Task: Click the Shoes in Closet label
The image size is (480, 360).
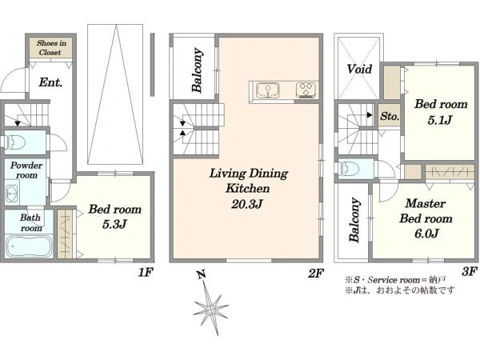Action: pyautogui.click(x=51, y=48)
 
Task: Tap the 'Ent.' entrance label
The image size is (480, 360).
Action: pyautogui.click(x=50, y=82)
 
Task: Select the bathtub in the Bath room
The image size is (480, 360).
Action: pyautogui.click(x=30, y=246)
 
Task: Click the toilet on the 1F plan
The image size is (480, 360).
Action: pyautogui.click(x=15, y=142)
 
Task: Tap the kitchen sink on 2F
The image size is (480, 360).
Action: pyautogui.click(x=267, y=90)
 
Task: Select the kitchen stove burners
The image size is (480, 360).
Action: pyautogui.click(x=306, y=90)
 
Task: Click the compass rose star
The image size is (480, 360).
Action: pyautogui.click(x=210, y=308)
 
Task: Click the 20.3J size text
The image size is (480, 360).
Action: pyautogui.click(x=246, y=204)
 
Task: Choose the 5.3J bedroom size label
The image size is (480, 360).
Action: pyautogui.click(x=114, y=224)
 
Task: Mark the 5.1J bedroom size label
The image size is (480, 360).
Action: pyautogui.click(x=440, y=120)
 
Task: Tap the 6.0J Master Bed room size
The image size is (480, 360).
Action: pyautogui.click(x=426, y=234)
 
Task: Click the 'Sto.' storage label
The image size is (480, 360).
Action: pyautogui.click(x=390, y=116)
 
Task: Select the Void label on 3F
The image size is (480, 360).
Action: pyautogui.click(x=359, y=69)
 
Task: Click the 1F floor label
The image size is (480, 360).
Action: pyautogui.click(x=146, y=272)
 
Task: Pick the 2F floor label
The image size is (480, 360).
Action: pyautogui.click(x=316, y=273)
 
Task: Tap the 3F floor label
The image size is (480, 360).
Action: pyautogui.click(x=470, y=271)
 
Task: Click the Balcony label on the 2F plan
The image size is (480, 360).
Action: pyautogui.click(x=198, y=70)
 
